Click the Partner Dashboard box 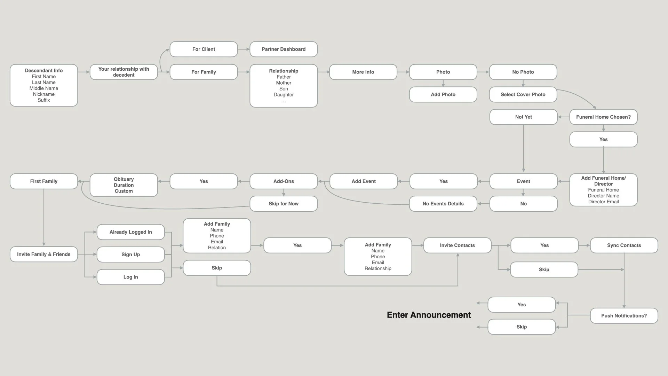pyautogui.click(x=284, y=49)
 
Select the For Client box pyautogui.click(x=204, y=49)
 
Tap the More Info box pyautogui.click(x=363, y=72)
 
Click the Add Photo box pyautogui.click(x=443, y=94)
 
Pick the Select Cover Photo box pyautogui.click(x=523, y=94)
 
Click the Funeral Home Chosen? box pyautogui.click(x=603, y=117)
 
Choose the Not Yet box pyautogui.click(x=523, y=117)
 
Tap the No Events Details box pyautogui.click(x=443, y=204)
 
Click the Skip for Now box pyautogui.click(x=284, y=204)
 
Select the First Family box pyautogui.click(x=44, y=181)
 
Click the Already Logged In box pyautogui.click(x=130, y=232)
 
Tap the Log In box pyautogui.click(x=130, y=277)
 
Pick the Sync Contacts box pyautogui.click(x=624, y=245)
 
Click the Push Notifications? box pyautogui.click(x=624, y=316)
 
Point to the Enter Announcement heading pyautogui.click(x=429, y=315)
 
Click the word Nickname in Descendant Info pyautogui.click(x=44, y=94)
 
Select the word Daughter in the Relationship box pyautogui.click(x=284, y=95)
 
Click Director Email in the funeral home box pyautogui.click(x=603, y=202)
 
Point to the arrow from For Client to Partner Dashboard pyautogui.click(x=244, y=49)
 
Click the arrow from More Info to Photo pyautogui.click(x=403, y=72)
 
